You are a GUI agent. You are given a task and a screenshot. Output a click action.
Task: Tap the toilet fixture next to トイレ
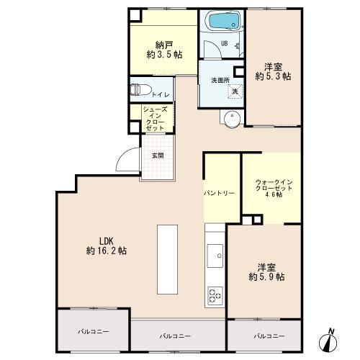140,90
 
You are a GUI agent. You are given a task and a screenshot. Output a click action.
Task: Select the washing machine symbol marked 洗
235,91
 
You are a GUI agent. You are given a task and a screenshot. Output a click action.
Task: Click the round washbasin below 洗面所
232,119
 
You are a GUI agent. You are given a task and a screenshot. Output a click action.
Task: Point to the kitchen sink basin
215,256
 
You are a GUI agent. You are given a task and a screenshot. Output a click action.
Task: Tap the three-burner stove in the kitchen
215,296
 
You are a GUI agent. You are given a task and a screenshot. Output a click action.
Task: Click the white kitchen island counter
167,259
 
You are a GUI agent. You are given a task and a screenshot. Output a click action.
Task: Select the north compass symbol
328,341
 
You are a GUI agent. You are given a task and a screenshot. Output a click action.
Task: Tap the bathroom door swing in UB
212,49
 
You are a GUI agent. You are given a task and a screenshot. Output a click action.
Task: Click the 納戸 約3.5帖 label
164,50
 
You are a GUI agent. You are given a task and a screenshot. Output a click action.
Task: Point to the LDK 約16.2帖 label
107,246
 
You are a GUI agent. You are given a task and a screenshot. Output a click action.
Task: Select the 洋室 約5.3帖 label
273,71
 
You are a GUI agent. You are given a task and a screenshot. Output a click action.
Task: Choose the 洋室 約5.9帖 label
266,272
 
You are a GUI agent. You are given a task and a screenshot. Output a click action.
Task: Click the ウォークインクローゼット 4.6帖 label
274,188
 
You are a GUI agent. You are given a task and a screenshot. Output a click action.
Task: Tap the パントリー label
219,193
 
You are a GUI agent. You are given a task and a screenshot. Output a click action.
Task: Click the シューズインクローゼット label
156,119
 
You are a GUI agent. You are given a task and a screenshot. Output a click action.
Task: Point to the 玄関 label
158,156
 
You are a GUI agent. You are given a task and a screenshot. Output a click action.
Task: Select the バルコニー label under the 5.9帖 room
269,336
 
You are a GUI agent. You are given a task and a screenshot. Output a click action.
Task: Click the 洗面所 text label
220,80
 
